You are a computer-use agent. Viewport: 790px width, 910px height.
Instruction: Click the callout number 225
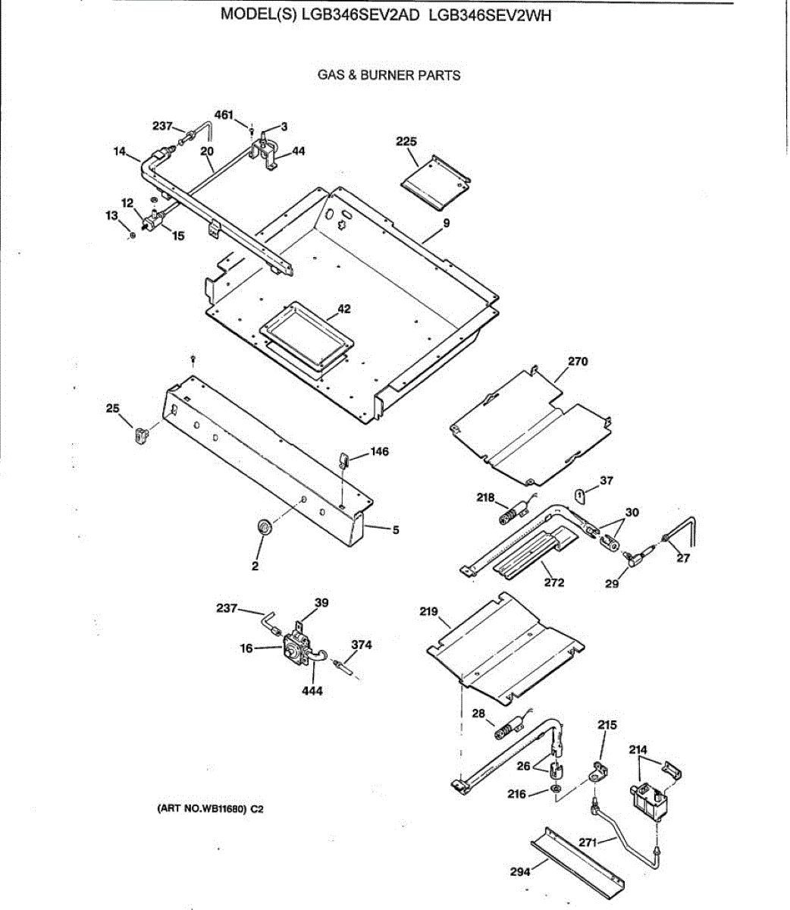click(x=406, y=141)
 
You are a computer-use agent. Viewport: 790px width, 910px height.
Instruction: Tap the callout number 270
click(x=578, y=362)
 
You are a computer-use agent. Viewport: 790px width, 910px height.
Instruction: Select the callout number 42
click(x=344, y=309)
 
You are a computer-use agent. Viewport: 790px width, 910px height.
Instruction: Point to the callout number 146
click(x=380, y=452)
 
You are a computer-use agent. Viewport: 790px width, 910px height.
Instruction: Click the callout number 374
click(x=362, y=645)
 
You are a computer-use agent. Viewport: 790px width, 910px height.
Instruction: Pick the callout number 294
click(x=520, y=872)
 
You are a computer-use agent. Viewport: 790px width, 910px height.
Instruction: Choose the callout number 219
click(x=429, y=610)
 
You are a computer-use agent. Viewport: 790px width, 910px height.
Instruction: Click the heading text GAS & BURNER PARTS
click(x=389, y=75)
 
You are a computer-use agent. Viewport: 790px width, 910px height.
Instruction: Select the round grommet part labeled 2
click(x=264, y=526)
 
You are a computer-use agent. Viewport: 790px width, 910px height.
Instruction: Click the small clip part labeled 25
click(x=140, y=436)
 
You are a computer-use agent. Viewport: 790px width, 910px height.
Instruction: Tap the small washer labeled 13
click(x=133, y=236)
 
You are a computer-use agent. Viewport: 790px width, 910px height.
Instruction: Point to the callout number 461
click(x=224, y=115)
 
